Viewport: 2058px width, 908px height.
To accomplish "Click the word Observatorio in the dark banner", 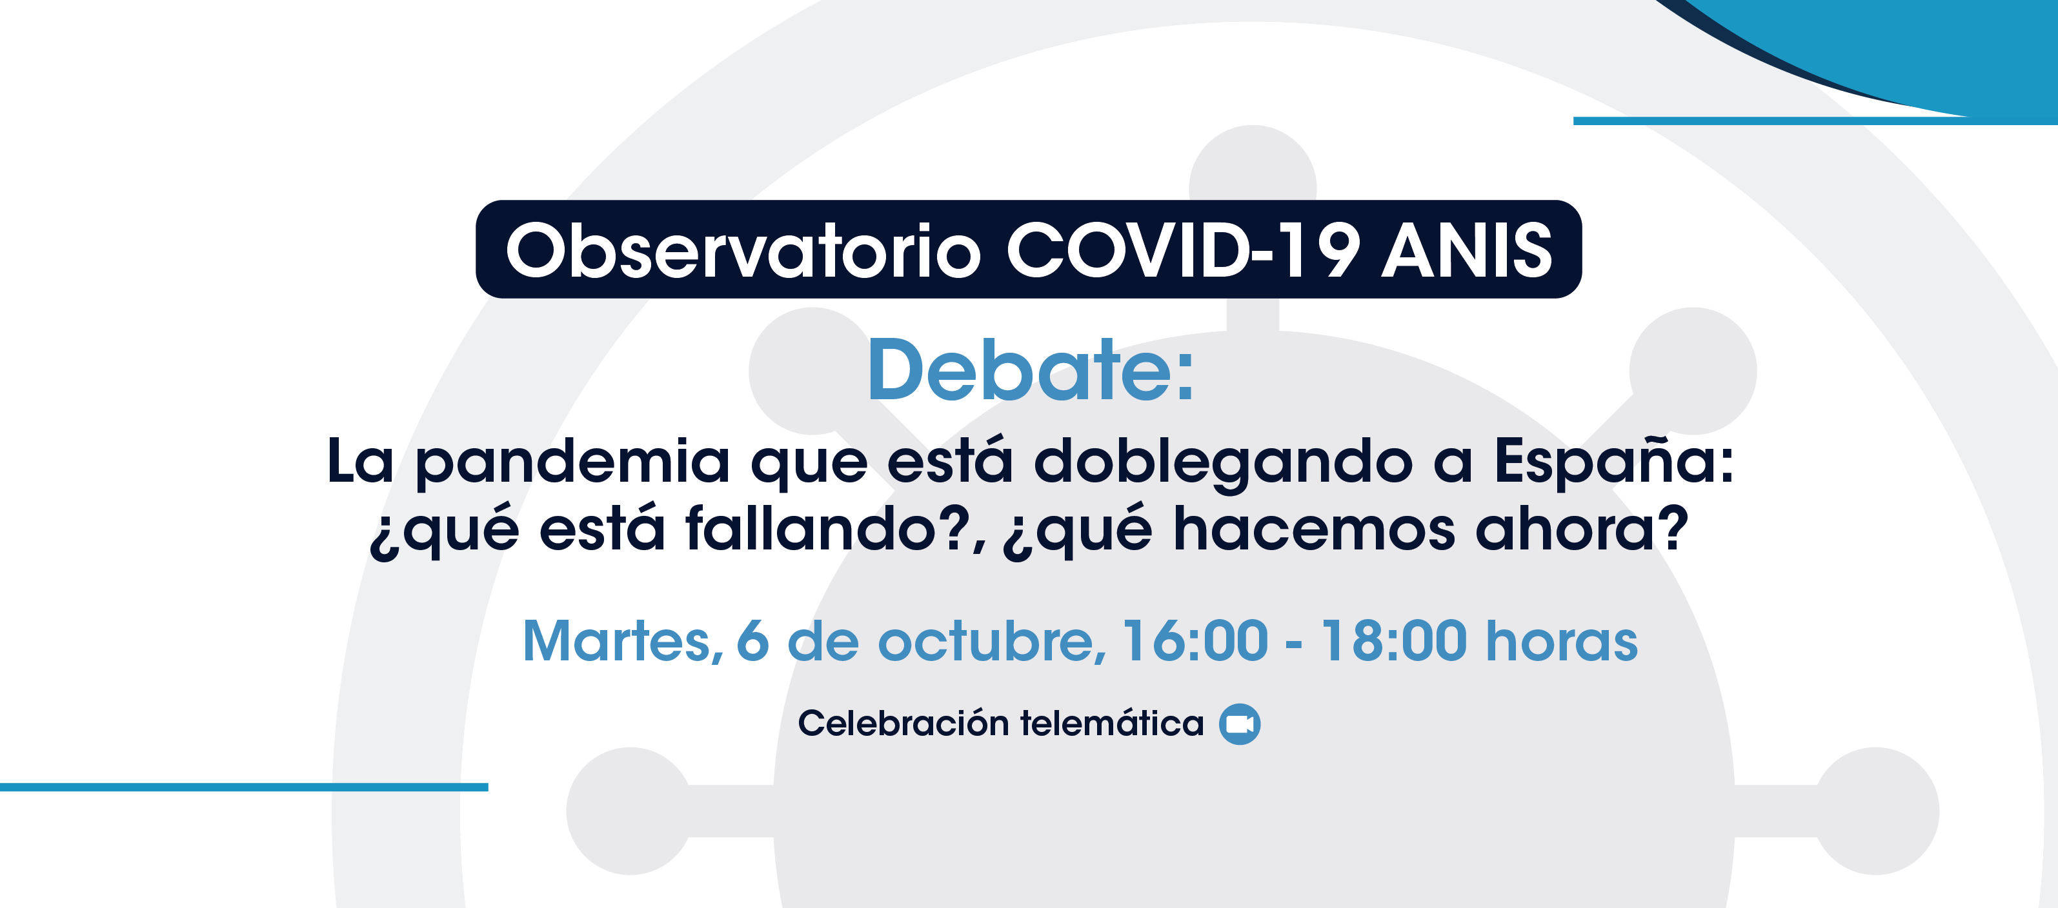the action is pos(743,250).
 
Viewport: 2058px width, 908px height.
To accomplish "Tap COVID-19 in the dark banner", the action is pos(1182,250).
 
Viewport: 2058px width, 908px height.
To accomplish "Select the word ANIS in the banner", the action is pos(1468,250).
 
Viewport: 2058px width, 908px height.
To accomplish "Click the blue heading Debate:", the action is pos(1031,370).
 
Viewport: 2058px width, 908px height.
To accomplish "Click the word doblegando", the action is pos(1223,463).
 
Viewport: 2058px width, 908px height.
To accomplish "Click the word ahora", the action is pos(1570,529).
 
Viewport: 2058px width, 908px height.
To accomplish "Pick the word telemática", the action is pos(1112,723).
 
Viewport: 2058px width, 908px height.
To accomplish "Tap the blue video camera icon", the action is pos(1240,724).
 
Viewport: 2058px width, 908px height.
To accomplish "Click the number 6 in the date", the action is pos(752,640).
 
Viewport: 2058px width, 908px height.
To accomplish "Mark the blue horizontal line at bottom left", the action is pos(244,787).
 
